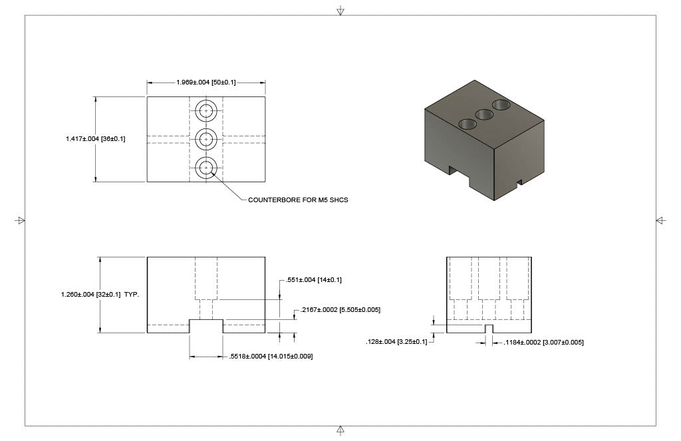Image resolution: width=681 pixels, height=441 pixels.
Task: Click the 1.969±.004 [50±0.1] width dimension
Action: [x=206, y=82]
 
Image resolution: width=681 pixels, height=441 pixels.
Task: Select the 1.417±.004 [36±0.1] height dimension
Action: [x=96, y=139]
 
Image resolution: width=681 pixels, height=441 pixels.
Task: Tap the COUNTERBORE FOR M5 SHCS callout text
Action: [x=298, y=200]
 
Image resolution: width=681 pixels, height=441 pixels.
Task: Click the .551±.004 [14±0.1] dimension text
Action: [x=314, y=280]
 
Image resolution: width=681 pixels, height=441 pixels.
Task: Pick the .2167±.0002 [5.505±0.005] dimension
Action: [x=340, y=310]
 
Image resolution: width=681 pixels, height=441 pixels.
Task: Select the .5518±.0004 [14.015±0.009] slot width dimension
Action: [x=271, y=357]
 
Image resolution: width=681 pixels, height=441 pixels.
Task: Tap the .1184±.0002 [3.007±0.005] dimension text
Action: [x=543, y=342]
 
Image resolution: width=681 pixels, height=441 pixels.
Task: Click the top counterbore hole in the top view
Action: [x=206, y=110]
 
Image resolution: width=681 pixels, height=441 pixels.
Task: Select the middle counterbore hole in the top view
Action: [x=206, y=139]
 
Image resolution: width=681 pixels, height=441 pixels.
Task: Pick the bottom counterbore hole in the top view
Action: [x=206, y=168]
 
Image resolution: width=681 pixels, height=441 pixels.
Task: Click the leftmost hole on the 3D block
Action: [x=468, y=124]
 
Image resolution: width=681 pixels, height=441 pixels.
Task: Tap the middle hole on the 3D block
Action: [x=485, y=114]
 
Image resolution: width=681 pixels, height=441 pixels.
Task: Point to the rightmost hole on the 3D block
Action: [x=501, y=104]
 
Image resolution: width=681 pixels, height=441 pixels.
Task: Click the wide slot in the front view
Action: [x=206, y=326]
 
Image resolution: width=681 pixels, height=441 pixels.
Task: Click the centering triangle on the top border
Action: [x=340, y=11]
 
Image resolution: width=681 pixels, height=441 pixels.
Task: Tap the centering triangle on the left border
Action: [x=20, y=220]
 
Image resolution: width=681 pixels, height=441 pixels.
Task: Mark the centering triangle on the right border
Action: [x=660, y=220]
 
